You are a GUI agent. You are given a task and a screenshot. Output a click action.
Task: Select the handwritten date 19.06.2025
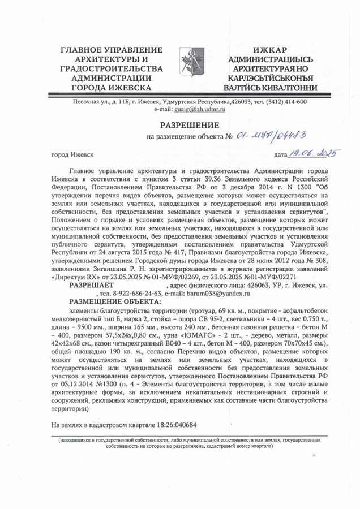313,153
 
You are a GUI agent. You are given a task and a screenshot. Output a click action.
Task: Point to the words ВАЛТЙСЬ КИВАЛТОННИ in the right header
270,88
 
